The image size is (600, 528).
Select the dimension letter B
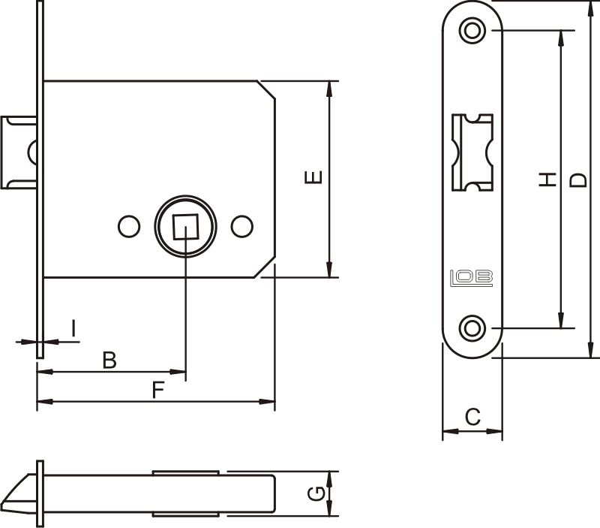109,361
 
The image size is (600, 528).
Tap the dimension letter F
157,390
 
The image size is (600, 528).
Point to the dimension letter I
73,328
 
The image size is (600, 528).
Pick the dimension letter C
472,417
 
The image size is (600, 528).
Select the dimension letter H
548,179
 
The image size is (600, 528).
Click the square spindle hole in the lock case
185,226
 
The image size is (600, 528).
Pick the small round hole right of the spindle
241,226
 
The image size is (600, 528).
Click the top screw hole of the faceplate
472,30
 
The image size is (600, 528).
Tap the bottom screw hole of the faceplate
472,328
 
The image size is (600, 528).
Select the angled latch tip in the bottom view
19,491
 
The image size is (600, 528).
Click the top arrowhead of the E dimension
329,87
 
